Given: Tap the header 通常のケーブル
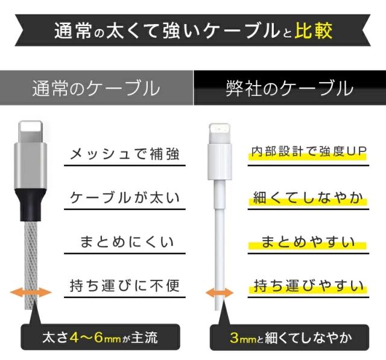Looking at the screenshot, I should (96, 89).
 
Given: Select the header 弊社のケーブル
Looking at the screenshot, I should (289, 89).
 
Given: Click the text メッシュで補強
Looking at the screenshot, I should (125, 154).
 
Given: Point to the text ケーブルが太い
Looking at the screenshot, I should (125, 198).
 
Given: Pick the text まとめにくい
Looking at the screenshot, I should (127, 242).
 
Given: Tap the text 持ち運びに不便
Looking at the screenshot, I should (125, 285).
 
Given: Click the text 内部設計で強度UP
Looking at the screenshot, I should (308, 151).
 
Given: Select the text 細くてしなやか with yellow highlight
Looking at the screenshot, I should (308, 198).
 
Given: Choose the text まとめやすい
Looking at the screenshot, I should (308, 242).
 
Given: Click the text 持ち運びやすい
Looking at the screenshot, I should (308, 285).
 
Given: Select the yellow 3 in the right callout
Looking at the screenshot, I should (235, 337).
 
